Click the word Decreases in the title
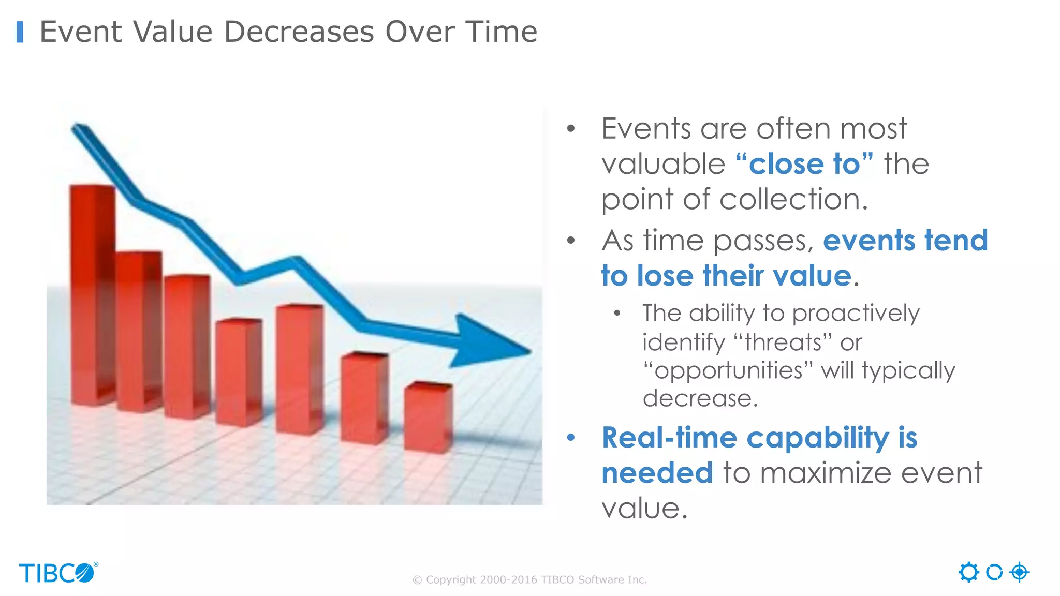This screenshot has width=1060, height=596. tap(299, 32)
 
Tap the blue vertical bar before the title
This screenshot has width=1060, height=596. tap(20, 32)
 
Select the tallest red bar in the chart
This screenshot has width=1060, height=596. tap(92, 295)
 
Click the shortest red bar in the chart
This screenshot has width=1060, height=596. tap(428, 418)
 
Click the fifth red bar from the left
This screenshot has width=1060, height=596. tap(299, 368)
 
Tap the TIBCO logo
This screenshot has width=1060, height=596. tap(58, 573)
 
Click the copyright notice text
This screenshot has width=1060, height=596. tap(529, 580)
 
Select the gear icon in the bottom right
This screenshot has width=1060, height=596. tap(968, 572)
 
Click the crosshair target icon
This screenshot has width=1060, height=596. tap(1019, 572)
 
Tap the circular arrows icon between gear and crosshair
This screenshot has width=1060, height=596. tap(994, 572)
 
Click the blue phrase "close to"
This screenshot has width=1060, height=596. tap(804, 165)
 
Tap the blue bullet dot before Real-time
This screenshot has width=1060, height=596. tap(571, 438)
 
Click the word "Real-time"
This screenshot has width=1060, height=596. tap(669, 438)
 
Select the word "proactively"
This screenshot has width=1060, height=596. tap(856, 314)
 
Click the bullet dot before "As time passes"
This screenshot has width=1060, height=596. tap(571, 241)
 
